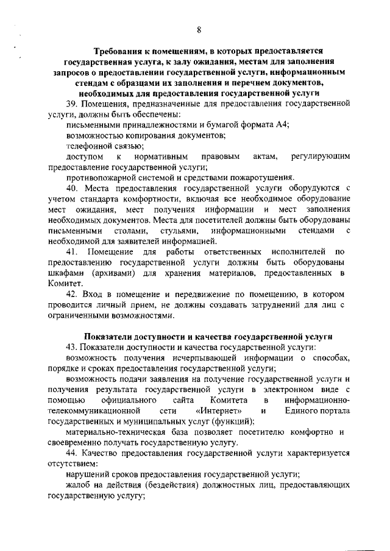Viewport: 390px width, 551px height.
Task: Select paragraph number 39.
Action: pos(74,104)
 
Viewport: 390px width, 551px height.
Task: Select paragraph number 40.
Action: pos(74,188)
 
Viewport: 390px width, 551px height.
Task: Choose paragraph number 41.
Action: pos(74,252)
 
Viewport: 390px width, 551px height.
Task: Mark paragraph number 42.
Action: pos(74,295)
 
